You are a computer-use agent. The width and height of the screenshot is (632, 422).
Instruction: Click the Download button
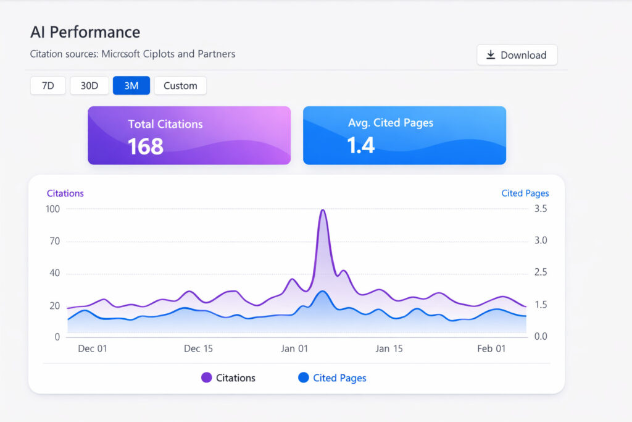point(517,55)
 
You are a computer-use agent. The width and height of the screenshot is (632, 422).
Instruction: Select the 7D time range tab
point(48,85)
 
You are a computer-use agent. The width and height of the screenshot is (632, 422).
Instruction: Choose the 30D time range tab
point(89,85)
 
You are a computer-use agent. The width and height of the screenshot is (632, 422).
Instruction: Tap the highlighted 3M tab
point(131,85)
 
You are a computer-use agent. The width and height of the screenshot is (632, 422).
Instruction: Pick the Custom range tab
point(180,85)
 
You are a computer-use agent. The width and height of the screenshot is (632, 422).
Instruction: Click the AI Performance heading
point(85,32)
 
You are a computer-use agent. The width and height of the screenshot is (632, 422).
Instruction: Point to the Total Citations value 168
point(146,146)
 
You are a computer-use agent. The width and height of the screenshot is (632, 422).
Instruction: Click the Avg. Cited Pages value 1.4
point(360,145)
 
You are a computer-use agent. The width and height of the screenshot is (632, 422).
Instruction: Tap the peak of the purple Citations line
point(322,210)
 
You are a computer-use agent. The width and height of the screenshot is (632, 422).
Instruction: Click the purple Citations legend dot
point(206,378)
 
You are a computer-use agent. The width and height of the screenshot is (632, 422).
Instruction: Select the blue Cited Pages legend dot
point(303,378)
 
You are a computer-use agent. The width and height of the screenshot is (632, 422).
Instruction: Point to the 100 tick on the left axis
point(52,209)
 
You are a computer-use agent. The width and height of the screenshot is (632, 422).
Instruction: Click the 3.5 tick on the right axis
point(541,209)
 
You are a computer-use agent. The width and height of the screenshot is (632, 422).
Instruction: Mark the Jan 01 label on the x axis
point(294,348)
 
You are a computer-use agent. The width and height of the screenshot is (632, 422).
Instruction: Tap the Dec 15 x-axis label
point(198,348)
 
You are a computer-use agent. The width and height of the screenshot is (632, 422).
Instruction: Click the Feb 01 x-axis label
point(491,348)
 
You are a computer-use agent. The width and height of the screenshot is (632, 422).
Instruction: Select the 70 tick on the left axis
point(54,241)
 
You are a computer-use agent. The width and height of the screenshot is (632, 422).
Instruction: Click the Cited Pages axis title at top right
point(525,193)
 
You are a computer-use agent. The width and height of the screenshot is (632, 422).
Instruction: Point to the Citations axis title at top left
point(65,193)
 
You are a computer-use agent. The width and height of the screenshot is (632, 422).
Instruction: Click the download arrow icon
point(491,55)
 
